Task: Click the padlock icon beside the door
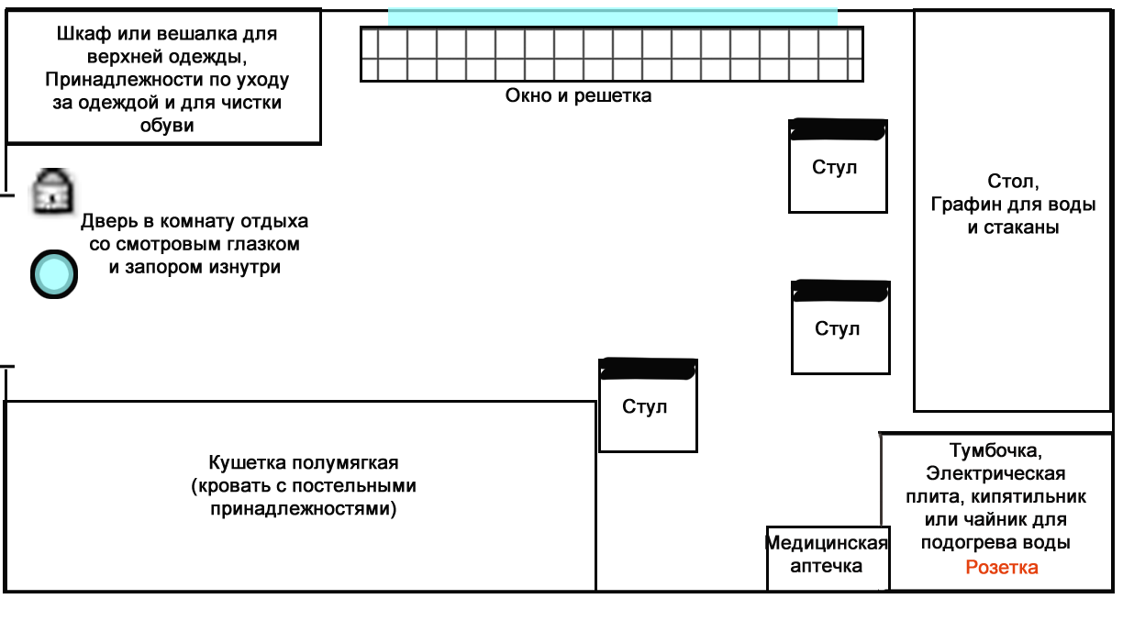click(x=52, y=191)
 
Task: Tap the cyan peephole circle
click(x=53, y=274)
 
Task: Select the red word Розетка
click(x=1002, y=568)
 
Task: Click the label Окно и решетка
click(x=578, y=95)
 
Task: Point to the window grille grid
click(x=612, y=55)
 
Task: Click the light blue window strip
click(x=612, y=17)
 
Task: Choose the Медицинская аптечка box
click(x=827, y=556)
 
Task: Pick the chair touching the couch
click(x=648, y=406)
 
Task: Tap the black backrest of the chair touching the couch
click(x=648, y=369)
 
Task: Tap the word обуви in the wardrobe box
click(x=167, y=126)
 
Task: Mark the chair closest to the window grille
click(x=838, y=167)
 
